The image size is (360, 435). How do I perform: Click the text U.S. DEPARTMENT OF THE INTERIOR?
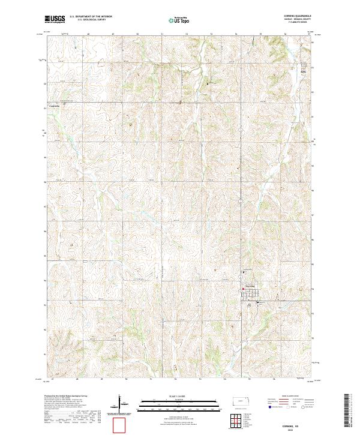(91, 17)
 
